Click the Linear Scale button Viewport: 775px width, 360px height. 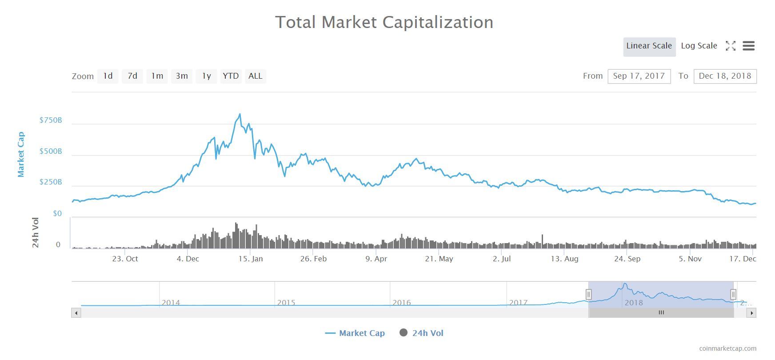[649, 46]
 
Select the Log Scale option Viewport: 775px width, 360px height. [699, 46]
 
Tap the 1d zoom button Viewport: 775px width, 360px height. [108, 76]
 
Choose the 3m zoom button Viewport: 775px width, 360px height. [182, 76]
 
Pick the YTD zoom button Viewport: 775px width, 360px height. [231, 76]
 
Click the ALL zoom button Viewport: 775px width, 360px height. [255, 76]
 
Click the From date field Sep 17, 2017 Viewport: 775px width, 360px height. [639, 76]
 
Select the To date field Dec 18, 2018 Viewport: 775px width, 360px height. [724, 76]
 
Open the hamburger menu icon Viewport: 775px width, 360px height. [748, 46]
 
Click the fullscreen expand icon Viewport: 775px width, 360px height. [730, 46]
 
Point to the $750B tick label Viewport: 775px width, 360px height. [51, 120]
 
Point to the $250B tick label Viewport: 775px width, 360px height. [51, 182]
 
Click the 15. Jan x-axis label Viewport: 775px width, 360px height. [251, 259]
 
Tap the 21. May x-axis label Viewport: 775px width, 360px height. [439, 259]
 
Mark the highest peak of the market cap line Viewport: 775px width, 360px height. [240, 114]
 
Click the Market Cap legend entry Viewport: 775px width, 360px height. [355, 333]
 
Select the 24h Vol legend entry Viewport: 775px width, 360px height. [422, 333]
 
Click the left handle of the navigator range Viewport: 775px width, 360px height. [588, 294]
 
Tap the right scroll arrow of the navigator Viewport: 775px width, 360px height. [751, 313]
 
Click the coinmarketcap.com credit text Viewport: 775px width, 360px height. [727, 349]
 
